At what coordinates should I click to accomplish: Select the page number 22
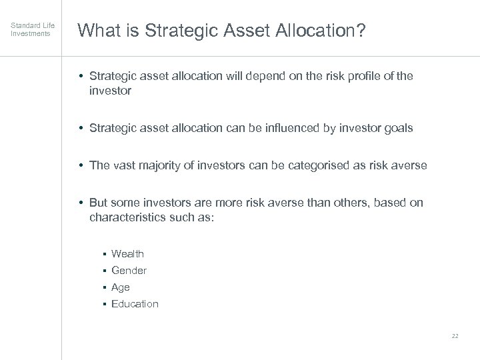pyautogui.click(x=455, y=335)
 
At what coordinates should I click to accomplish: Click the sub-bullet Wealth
pyautogui.click(x=127, y=253)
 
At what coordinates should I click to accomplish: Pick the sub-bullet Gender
pyautogui.click(x=129, y=270)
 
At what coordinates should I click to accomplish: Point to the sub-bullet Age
pyautogui.click(x=121, y=287)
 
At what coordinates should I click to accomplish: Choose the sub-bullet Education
pyautogui.click(x=135, y=304)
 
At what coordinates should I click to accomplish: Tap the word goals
pyautogui.click(x=397, y=127)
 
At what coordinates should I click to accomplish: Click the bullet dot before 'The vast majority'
pyautogui.click(x=81, y=165)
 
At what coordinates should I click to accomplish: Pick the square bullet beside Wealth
pyautogui.click(x=105, y=254)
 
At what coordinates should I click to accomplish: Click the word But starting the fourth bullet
pyautogui.click(x=99, y=202)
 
